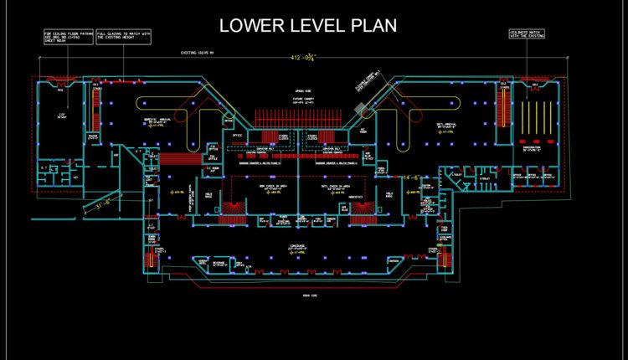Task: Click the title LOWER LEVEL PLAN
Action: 307,26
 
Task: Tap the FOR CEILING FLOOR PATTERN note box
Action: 67,36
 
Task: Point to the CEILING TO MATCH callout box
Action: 528,34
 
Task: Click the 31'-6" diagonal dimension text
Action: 103,203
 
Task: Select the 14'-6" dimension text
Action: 410,177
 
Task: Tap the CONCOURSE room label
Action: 296,247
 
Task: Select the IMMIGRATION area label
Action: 532,148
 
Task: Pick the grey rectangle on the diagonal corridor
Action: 360,108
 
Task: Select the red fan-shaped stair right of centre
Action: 359,208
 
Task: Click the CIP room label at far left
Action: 61,117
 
